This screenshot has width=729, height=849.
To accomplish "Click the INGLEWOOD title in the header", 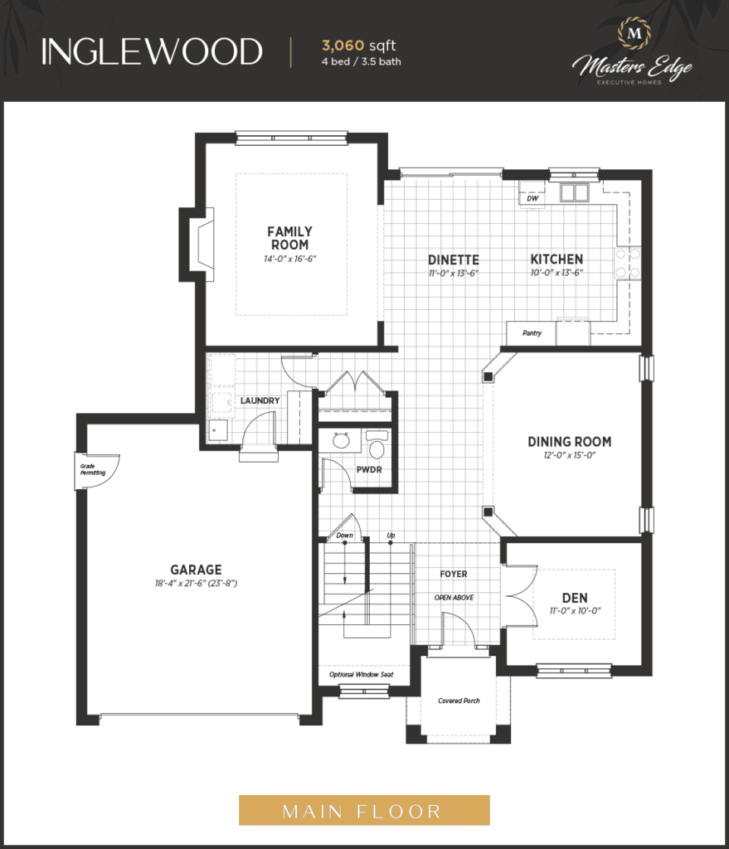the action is pyautogui.click(x=152, y=52).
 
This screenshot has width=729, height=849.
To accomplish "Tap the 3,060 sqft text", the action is pyautogui.click(x=358, y=46).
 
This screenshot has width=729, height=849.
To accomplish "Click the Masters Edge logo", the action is pyautogui.click(x=633, y=52).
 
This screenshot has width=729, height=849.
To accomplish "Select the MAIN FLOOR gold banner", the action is pyautogui.click(x=364, y=810).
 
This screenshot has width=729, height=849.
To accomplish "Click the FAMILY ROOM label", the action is pyautogui.click(x=289, y=238).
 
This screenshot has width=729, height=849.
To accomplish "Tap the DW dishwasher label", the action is pyautogui.click(x=532, y=198).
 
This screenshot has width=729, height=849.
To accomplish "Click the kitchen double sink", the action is pyautogui.click(x=574, y=192).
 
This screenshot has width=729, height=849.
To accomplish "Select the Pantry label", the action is pyautogui.click(x=532, y=333).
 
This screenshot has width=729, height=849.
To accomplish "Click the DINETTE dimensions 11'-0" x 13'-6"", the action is pyautogui.click(x=454, y=274).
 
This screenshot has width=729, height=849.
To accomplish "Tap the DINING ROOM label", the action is pyautogui.click(x=570, y=442).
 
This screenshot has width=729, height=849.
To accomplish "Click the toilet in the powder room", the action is pyautogui.click(x=377, y=444).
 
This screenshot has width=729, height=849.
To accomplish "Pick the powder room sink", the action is pyautogui.click(x=341, y=440).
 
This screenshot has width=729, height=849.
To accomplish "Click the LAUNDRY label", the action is pyautogui.click(x=260, y=400).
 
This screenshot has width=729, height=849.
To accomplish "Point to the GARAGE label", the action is pyautogui.click(x=196, y=570).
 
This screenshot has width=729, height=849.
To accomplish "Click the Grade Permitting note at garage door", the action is pyautogui.click(x=93, y=469).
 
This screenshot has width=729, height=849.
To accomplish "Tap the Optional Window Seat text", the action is pyautogui.click(x=362, y=674).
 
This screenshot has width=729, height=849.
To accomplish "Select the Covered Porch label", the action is pyautogui.click(x=459, y=701).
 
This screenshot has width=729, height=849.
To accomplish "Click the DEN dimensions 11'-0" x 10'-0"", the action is pyautogui.click(x=575, y=611).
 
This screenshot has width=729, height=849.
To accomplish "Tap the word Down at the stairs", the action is pyautogui.click(x=344, y=536).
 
